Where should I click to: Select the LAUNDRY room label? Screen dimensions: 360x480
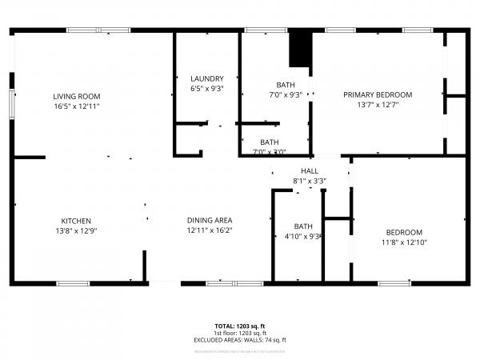click(x=206, y=78)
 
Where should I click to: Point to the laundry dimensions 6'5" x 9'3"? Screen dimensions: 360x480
click(x=206, y=88)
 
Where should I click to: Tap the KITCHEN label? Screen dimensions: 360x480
click(x=76, y=221)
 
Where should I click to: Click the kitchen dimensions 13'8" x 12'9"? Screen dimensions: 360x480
click(x=76, y=231)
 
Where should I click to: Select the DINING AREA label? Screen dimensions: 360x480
click(x=210, y=221)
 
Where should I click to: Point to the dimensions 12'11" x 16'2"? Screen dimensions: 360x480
click(x=210, y=231)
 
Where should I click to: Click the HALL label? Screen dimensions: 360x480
click(x=310, y=171)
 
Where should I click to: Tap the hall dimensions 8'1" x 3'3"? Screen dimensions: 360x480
click(x=310, y=182)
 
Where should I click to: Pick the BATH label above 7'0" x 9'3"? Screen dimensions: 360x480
click(x=286, y=85)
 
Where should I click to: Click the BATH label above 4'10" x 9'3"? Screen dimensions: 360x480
click(x=303, y=226)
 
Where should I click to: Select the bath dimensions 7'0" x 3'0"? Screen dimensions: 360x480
click(x=269, y=152)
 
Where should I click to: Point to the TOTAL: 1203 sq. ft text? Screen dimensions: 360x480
click(x=240, y=326)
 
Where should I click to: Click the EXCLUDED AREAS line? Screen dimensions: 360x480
click(x=240, y=340)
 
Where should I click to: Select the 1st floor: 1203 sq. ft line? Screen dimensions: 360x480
click(x=240, y=333)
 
